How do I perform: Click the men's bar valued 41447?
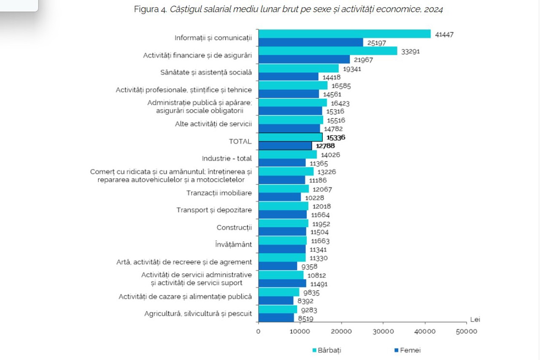(x=344, y=34)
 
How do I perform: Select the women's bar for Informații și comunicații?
(x=310, y=42)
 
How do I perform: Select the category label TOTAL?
(x=240, y=142)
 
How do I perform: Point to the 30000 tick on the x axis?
(x=383, y=331)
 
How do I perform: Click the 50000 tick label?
(x=467, y=331)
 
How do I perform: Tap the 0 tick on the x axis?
(x=258, y=331)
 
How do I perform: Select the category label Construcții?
(x=234, y=228)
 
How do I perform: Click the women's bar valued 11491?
(x=282, y=283)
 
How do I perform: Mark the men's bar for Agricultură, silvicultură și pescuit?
(x=278, y=309)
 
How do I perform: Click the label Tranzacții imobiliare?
(x=219, y=193)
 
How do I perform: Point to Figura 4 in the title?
(x=150, y=10)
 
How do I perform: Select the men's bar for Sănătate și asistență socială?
(x=298, y=68)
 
